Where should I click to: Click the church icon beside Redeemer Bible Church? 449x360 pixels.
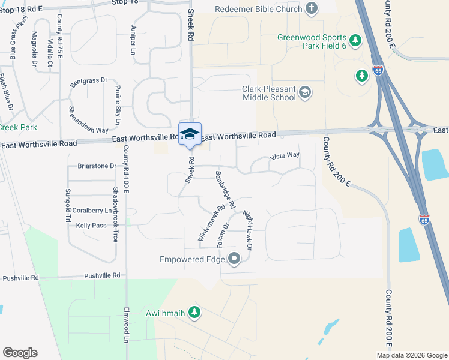[311, 8]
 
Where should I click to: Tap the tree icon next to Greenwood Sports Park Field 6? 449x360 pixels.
[356, 41]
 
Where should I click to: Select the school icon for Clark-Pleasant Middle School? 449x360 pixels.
[305, 92]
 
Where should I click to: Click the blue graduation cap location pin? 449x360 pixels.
[190, 134]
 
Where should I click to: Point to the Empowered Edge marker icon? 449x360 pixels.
[234, 259]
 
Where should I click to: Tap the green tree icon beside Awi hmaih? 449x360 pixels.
[194, 312]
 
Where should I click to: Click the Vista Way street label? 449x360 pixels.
[285, 156]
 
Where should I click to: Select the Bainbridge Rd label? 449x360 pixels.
[224, 188]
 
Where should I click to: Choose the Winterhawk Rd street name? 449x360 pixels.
[211, 224]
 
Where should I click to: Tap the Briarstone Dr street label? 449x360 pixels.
[97, 166]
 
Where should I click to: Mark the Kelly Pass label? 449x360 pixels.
[91, 226]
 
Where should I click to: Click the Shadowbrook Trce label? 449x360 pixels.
[115, 214]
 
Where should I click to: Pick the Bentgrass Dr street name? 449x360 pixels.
[88, 81]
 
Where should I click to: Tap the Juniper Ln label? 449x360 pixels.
[133, 40]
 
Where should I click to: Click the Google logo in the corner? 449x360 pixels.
[20, 353]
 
